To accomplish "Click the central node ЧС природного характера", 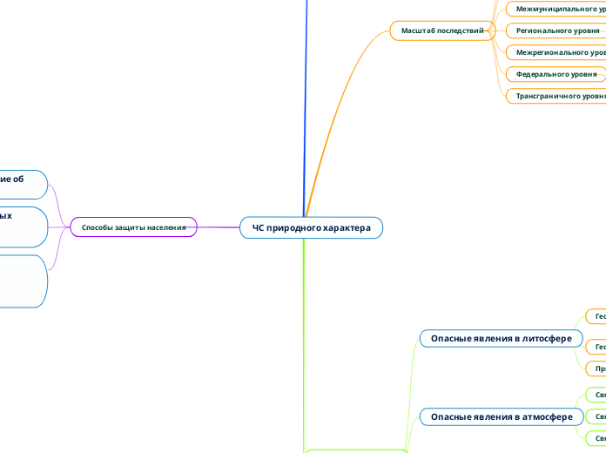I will pyautogui.click(x=311, y=227).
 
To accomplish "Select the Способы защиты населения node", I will pyautogui.click(x=133, y=227).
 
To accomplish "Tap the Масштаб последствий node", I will pyautogui.click(x=441, y=30).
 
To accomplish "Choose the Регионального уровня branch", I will pyautogui.click(x=557, y=30).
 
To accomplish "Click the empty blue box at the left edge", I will pyautogui.click(x=22, y=281).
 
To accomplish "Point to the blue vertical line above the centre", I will pyautogui.click(x=306, y=105).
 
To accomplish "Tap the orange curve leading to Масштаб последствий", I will pyautogui.click(x=331, y=113).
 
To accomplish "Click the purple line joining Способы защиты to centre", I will pyautogui.click(x=219, y=227).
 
